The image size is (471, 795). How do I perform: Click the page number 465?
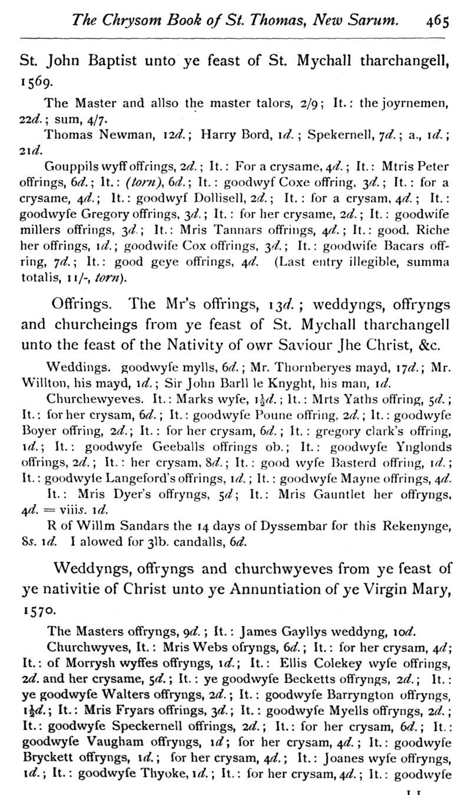[x=438, y=22]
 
